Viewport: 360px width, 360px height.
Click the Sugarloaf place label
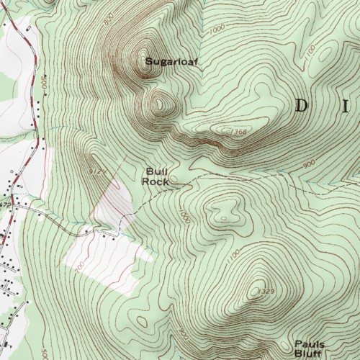(x=171, y=62)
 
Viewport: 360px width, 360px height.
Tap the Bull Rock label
(x=156, y=176)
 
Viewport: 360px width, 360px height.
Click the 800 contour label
(x=108, y=22)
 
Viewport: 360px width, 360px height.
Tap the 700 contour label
(x=78, y=266)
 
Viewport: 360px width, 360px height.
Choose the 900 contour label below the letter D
(x=309, y=164)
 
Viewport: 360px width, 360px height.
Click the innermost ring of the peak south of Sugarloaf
(x=159, y=103)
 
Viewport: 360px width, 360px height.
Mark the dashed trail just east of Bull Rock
(x=216, y=177)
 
